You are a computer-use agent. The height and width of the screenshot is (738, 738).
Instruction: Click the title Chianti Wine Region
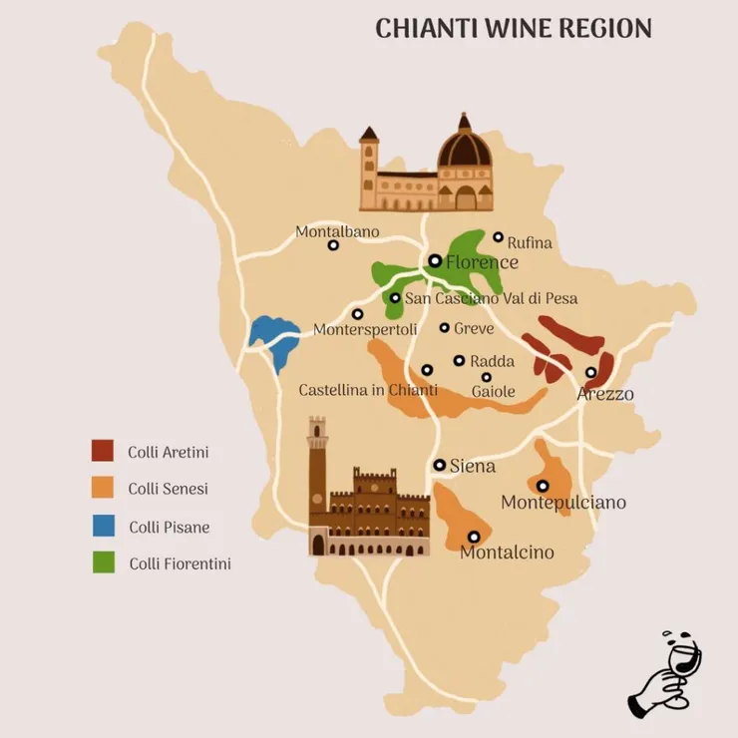click(513, 28)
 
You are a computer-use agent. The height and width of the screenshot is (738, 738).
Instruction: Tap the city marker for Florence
click(435, 261)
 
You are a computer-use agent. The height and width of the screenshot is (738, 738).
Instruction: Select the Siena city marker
click(440, 465)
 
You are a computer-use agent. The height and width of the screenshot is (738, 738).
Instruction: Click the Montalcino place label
click(507, 553)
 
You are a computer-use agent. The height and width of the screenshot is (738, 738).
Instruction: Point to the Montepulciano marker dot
click(543, 486)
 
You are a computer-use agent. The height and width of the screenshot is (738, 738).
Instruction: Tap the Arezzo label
click(605, 394)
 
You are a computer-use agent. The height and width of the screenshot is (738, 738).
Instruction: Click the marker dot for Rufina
click(499, 237)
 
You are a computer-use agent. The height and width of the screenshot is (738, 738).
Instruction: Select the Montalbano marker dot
click(333, 245)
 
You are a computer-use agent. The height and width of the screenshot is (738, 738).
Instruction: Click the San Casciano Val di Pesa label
click(491, 298)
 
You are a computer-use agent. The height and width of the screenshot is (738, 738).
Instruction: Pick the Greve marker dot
click(445, 327)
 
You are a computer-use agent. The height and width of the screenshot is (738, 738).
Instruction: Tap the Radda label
click(492, 361)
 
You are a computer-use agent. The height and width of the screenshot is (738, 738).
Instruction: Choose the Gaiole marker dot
click(487, 377)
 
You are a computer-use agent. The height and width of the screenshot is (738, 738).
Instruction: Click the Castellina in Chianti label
click(368, 390)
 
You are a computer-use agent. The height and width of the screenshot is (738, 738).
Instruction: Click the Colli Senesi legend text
click(168, 489)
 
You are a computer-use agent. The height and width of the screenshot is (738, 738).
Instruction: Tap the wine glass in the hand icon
click(683, 661)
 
